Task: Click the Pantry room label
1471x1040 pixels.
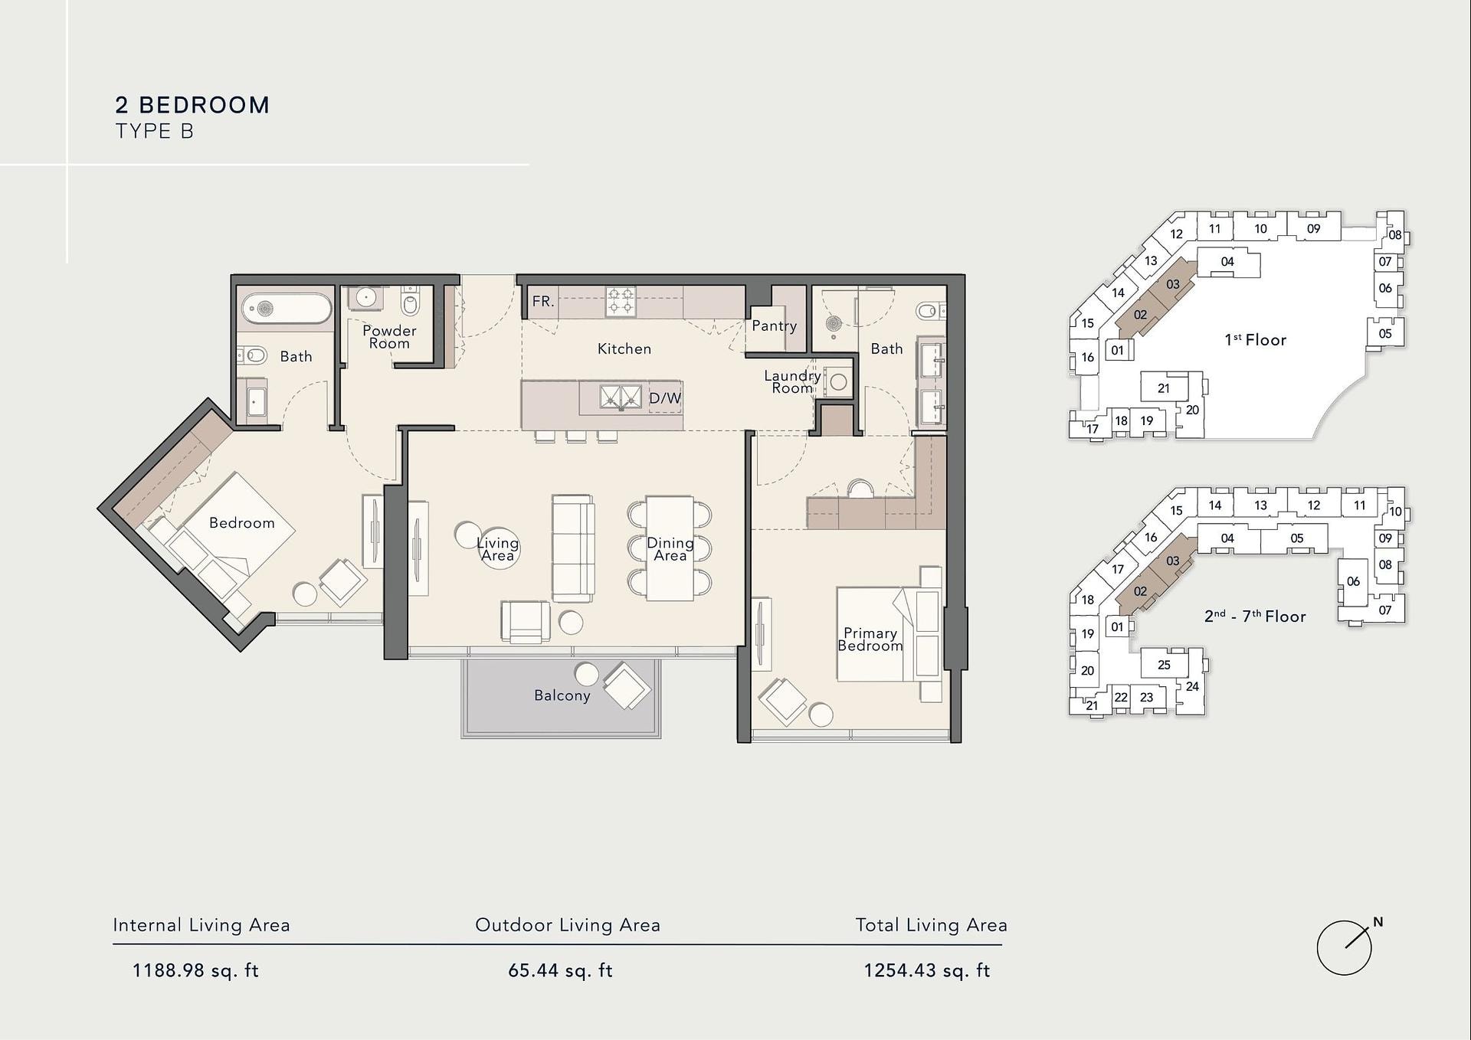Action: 774,325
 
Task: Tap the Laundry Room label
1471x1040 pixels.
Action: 792,382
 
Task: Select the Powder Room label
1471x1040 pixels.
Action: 389,337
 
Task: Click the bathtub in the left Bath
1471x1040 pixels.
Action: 287,309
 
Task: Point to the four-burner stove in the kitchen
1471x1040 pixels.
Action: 620,301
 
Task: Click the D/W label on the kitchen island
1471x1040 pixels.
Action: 664,398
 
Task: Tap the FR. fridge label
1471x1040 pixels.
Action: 542,301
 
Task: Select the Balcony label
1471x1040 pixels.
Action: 562,695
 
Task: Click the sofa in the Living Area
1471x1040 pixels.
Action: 573,548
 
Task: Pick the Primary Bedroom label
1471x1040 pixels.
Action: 870,639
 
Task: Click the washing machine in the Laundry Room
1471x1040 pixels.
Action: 837,381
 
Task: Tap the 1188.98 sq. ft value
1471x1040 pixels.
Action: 195,971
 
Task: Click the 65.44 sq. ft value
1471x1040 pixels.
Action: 560,971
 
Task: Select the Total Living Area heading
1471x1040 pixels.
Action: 931,925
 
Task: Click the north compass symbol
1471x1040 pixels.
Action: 1346,947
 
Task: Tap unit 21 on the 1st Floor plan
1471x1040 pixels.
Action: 1164,388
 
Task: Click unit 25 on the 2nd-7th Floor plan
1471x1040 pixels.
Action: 1164,665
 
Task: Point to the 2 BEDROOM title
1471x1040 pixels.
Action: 192,105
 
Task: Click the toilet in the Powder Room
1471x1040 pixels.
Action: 411,302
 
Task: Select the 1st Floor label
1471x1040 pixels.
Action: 1255,340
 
